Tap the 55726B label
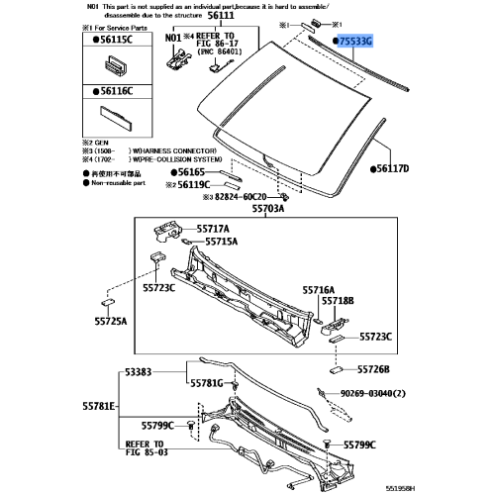click(378, 369)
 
